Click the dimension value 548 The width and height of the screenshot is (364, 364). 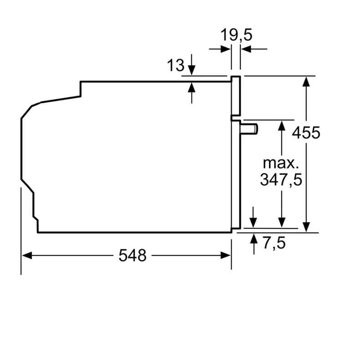tap(133, 256)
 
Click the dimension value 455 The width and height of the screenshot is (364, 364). tap(306, 133)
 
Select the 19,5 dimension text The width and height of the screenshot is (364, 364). tap(237, 35)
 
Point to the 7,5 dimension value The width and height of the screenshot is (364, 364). tap(274, 243)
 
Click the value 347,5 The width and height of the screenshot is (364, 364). tap(281, 180)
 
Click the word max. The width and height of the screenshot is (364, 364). tap(281, 163)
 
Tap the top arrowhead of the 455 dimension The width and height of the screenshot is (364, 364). tap(307, 81)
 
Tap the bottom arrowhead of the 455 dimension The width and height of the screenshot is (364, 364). tap(307, 227)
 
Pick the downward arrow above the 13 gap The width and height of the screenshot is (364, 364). tap(192, 70)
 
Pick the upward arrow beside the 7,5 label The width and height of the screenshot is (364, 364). tap(253, 239)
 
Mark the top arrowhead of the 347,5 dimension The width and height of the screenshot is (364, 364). tap(282, 126)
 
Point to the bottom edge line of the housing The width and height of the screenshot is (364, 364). tap(136, 233)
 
